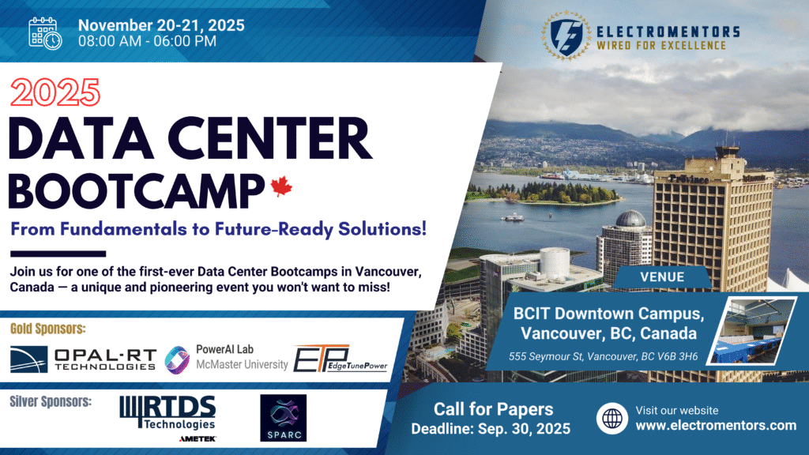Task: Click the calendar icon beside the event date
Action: click(x=45, y=33)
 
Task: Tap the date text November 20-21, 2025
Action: click(x=161, y=25)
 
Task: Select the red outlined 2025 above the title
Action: click(x=55, y=93)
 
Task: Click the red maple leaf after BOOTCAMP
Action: click(x=281, y=186)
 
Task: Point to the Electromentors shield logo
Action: click(x=566, y=36)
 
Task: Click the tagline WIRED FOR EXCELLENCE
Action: click(x=661, y=45)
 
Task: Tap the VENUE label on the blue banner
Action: click(x=662, y=277)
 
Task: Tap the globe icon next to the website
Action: click(x=612, y=419)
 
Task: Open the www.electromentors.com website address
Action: click(x=716, y=426)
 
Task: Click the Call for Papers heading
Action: click(x=493, y=409)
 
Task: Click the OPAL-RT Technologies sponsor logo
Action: click(x=83, y=359)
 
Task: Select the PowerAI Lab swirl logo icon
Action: click(x=177, y=359)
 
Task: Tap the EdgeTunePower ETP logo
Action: click(x=341, y=359)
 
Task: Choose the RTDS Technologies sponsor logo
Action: click(x=168, y=418)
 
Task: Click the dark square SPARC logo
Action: click(x=284, y=418)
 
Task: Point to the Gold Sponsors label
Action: click(x=48, y=329)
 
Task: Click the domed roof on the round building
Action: click(x=630, y=220)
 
